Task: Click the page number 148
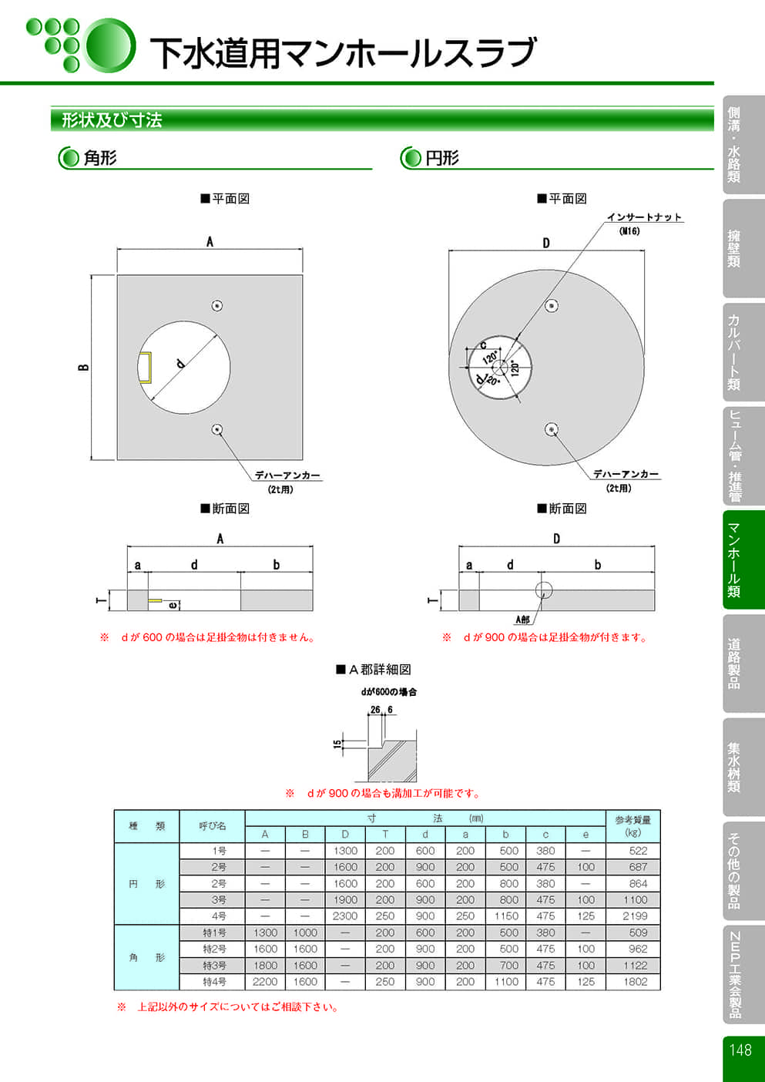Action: (x=740, y=1050)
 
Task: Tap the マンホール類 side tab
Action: (x=734, y=559)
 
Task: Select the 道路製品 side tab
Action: (x=734, y=663)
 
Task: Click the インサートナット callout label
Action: (x=644, y=217)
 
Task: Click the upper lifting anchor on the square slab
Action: (x=217, y=306)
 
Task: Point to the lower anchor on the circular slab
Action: (x=551, y=429)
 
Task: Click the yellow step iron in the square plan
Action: (x=145, y=368)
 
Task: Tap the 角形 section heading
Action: (x=100, y=158)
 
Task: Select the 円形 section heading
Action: (x=441, y=158)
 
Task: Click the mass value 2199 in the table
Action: (x=635, y=916)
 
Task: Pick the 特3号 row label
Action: (x=214, y=966)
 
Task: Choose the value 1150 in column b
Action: (x=506, y=916)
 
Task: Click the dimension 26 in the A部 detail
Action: (x=375, y=710)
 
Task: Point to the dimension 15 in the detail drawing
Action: (x=337, y=744)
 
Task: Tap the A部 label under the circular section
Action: (x=522, y=620)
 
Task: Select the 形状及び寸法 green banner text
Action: (x=112, y=120)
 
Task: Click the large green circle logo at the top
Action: (x=109, y=45)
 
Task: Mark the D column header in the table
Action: (x=345, y=834)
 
